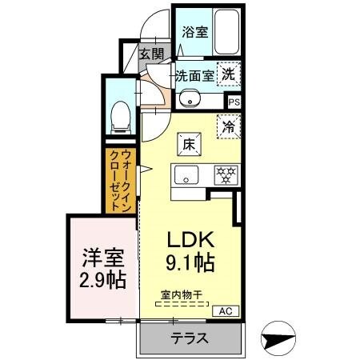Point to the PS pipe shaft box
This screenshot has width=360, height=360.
click(x=234, y=102)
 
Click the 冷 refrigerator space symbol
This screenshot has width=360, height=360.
click(x=229, y=126)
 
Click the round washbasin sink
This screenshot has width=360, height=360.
click(x=188, y=99)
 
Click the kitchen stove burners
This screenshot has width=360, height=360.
click(x=226, y=174)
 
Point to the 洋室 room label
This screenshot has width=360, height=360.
click(x=101, y=258)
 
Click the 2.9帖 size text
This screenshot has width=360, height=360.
click(x=101, y=280)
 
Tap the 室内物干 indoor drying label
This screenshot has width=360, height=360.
click(x=180, y=295)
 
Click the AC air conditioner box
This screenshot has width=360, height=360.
click(x=224, y=310)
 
